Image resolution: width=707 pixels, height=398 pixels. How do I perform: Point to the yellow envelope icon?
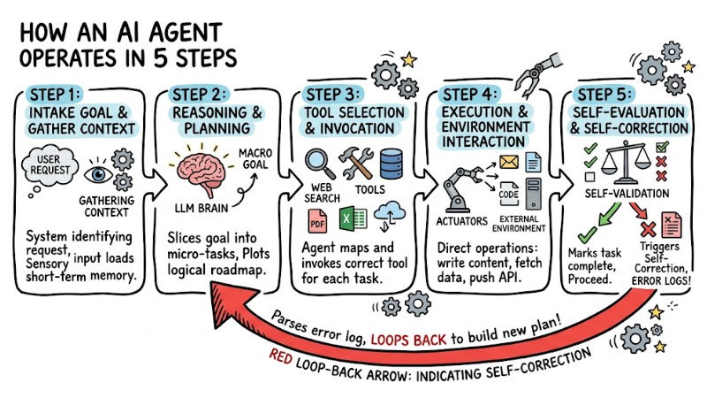coord(509,161)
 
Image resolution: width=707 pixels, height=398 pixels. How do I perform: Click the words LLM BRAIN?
coord(201,210)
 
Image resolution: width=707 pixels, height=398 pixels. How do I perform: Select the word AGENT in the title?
coord(178,33)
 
